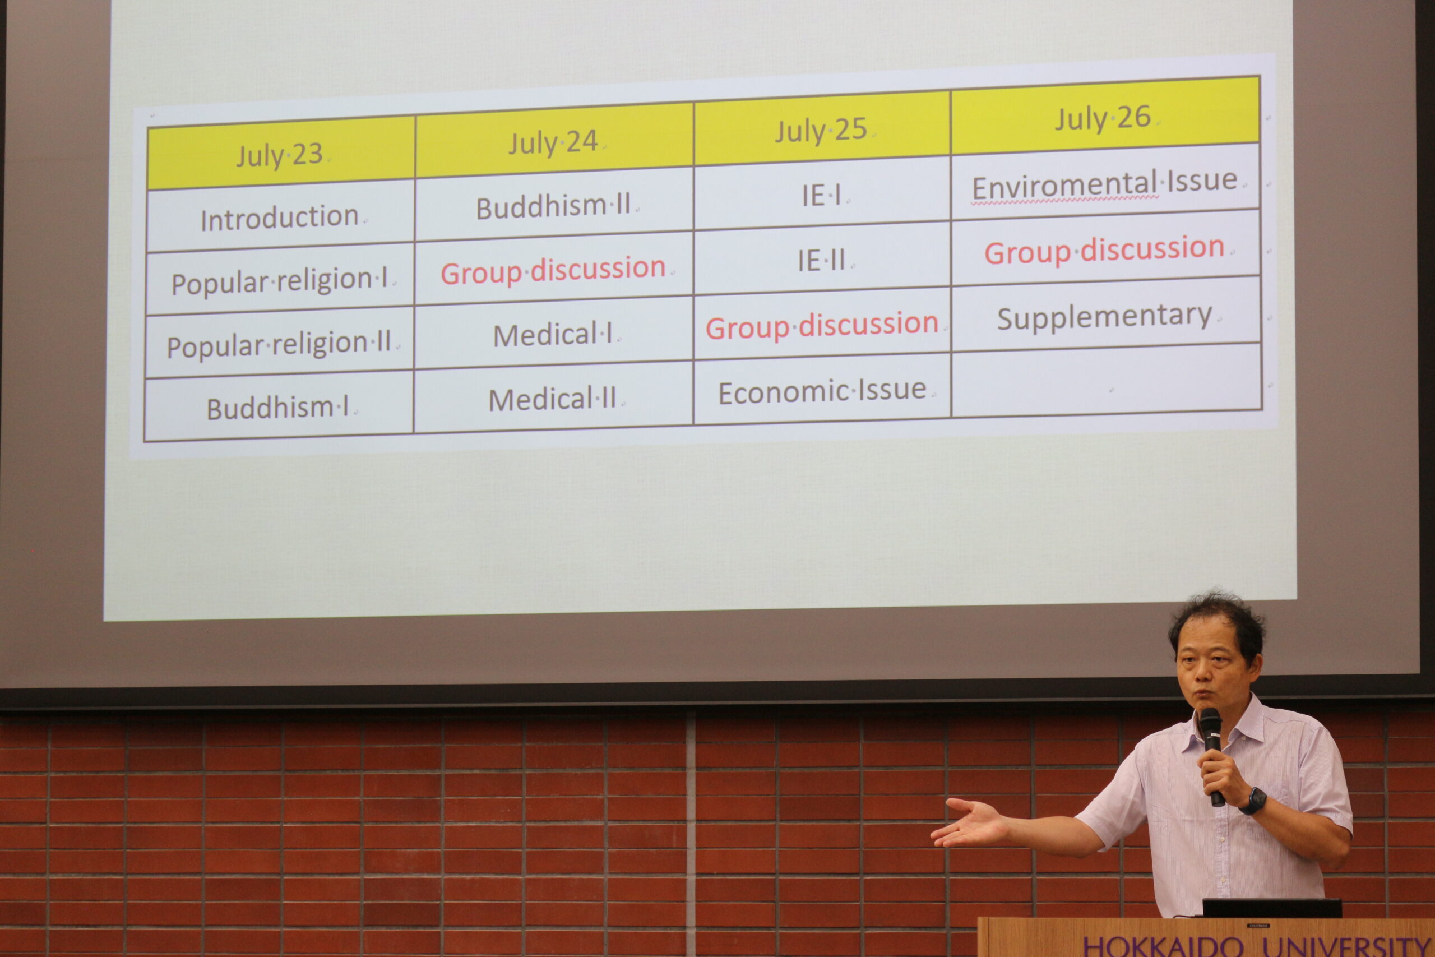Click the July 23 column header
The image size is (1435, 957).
click(x=281, y=152)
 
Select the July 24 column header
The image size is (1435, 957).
click(x=554, y=140)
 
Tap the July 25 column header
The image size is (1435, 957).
click(x=822, y=128)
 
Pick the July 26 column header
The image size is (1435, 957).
click(x=1105, y=116)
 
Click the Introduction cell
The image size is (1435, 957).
click(x=281, y=216)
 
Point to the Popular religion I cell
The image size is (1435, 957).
click(x=280, y=280)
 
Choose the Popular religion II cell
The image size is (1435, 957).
click(x=280, y=344)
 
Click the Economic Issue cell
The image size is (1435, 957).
click(x=822, y=391)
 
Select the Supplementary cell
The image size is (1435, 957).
click(x=1105, y=316)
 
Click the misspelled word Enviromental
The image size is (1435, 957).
click(x=1064, y=186)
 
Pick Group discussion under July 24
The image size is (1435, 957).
click(x=553, y=270)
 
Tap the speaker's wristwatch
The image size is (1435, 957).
click(x=1253, y=801)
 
